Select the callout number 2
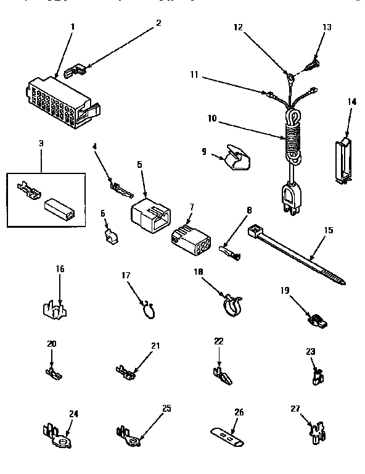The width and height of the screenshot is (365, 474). (158, 23)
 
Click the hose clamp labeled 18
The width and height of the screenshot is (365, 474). (231, 304)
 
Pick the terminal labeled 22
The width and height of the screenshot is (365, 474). (220, 373)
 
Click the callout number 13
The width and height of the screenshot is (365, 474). (327, 27)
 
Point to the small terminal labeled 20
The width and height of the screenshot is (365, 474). (55, 372)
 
